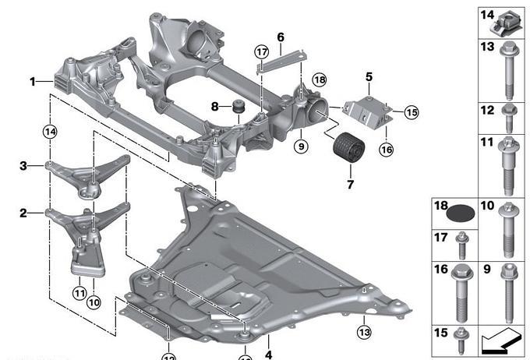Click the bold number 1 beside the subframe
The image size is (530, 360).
click(33, 80)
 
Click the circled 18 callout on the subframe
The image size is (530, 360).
click(318, 79)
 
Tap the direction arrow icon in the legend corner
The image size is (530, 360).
click(498, 340)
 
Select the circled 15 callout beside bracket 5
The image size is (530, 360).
click(410, 112)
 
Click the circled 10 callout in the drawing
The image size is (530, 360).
click(94, 301)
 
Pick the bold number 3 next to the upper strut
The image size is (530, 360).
click(23, 165)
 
